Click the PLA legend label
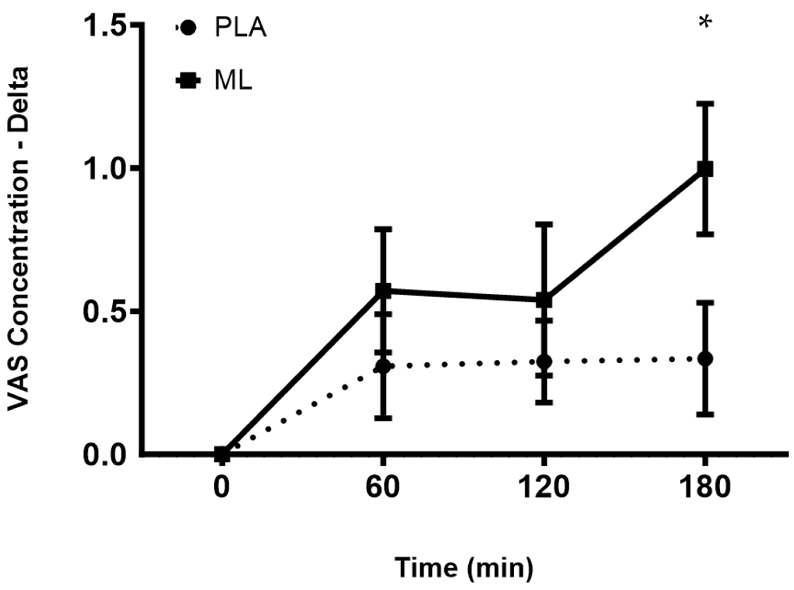pos(241,29)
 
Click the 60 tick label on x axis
pos(383,488)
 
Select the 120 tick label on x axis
pos(544,488)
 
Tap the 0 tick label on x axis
pos(221,488)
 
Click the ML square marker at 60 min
pos(383,290)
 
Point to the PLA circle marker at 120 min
pos(544,362)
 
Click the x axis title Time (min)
pos(464,567)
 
